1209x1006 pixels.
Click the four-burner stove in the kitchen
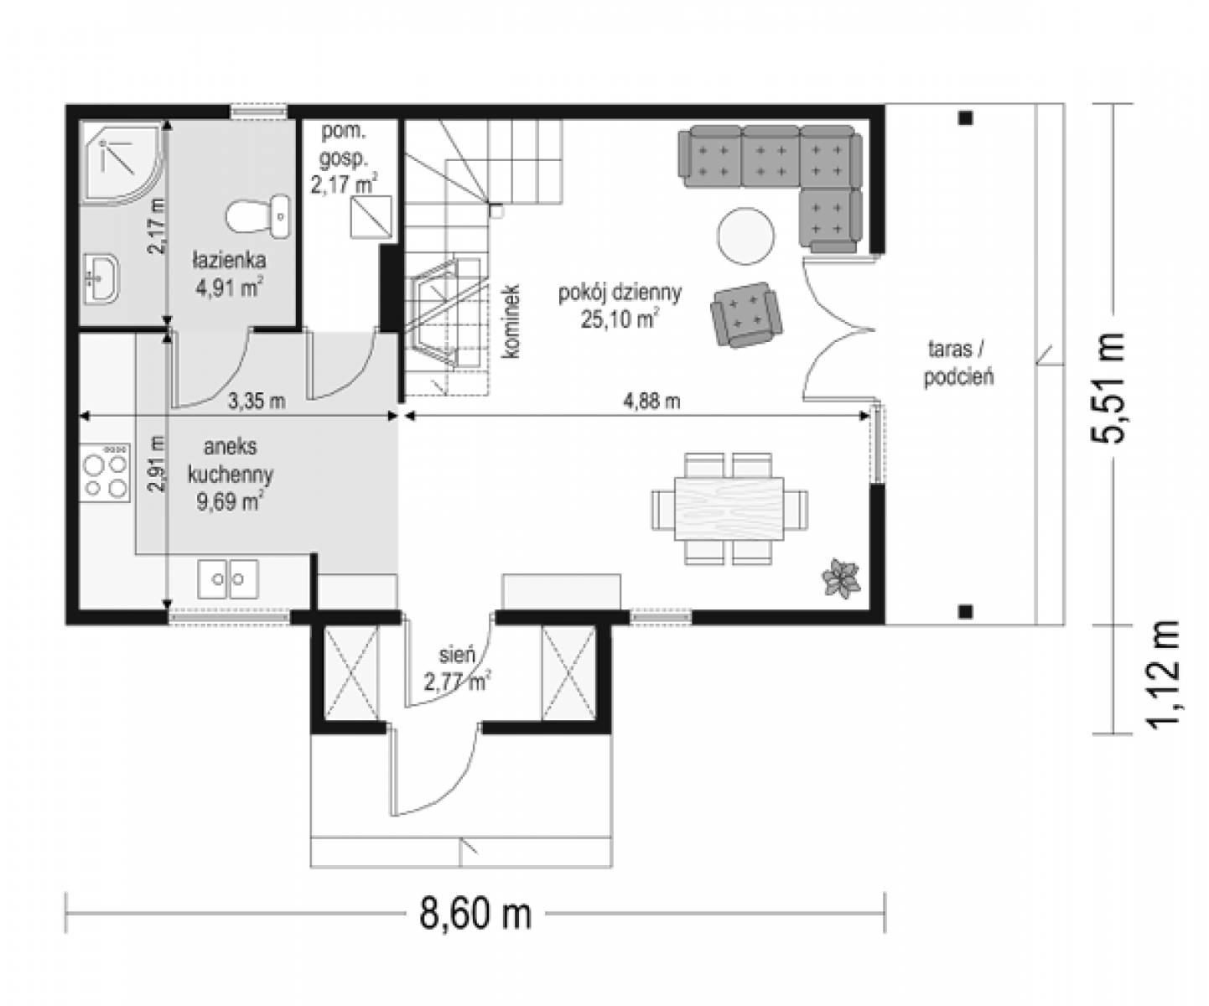[105, 472]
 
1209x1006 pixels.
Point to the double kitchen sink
[227, 578]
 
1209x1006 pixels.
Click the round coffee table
[746, 236]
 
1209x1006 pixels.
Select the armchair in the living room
[747, 314]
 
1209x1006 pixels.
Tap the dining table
[729, 508]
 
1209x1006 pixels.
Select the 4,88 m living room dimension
[651, 401]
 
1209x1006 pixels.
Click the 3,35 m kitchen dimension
[257, 401]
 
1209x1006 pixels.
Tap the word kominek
[510, 320]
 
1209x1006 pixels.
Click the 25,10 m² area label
[620, 319]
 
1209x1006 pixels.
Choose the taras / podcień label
[959, 363]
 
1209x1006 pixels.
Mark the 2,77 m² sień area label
[458, 682]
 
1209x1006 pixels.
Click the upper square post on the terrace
[965, 118]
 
